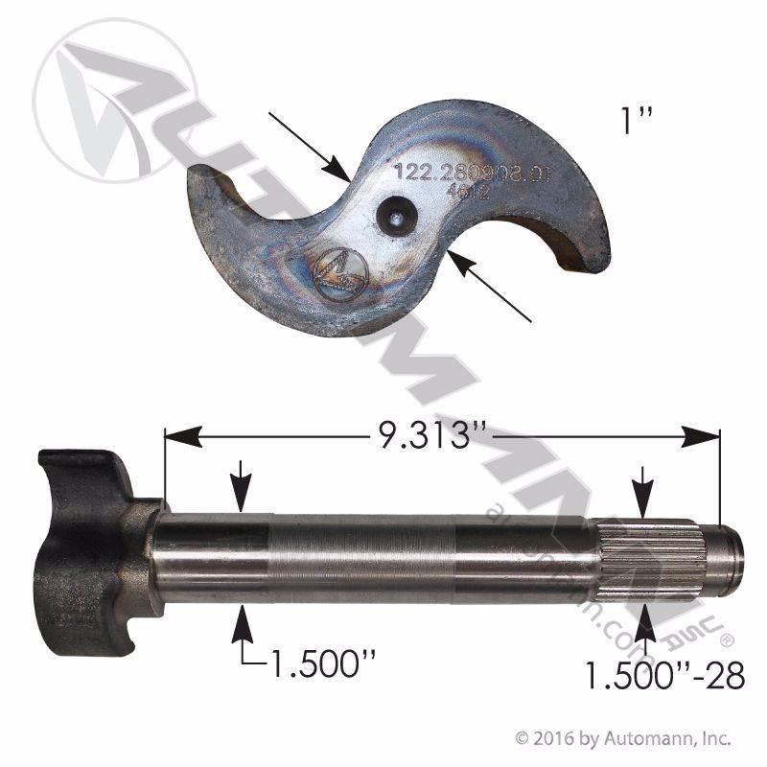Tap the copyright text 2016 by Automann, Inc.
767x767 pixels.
click(623, 739)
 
